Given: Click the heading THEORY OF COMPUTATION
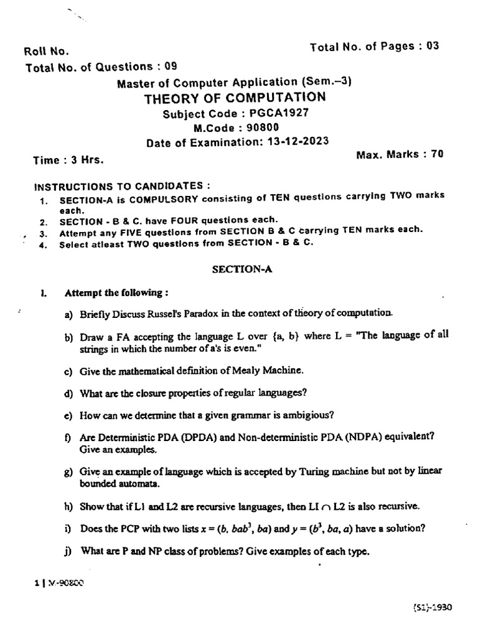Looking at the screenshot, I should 235,98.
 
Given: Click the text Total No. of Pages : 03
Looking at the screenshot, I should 374,46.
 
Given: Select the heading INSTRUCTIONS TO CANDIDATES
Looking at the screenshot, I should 121,186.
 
